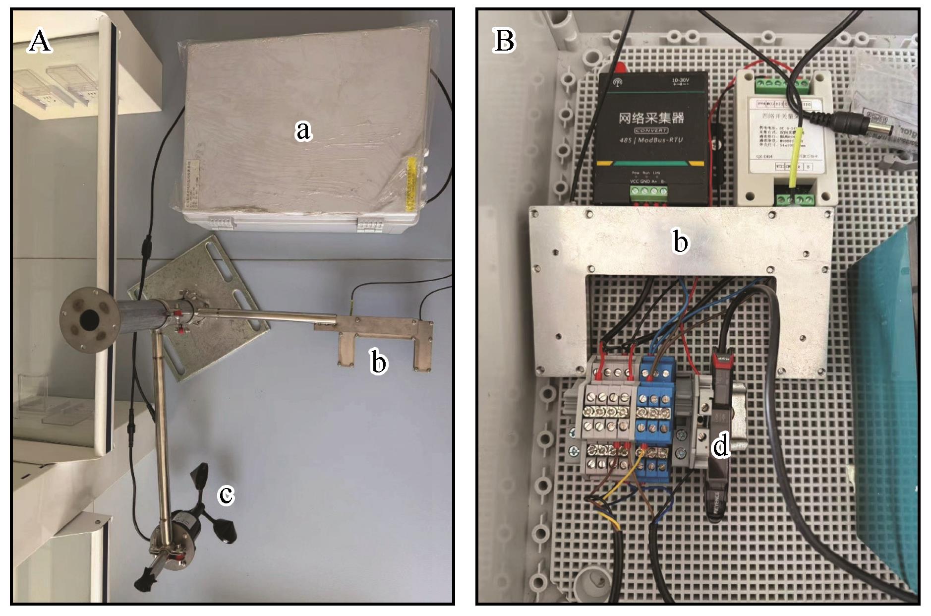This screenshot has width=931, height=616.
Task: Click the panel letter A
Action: pos(39,40)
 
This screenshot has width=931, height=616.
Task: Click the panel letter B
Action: pos(504,40)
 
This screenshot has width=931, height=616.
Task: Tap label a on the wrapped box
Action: pos(303,130)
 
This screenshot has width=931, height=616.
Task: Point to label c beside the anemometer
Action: pos(226,494)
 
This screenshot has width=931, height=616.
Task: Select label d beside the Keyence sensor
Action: pos(720,446)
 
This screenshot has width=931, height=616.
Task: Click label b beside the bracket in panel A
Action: pos(379,363)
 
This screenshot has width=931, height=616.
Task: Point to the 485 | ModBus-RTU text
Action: pos(651,140)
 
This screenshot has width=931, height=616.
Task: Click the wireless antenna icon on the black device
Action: pos(618,82)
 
